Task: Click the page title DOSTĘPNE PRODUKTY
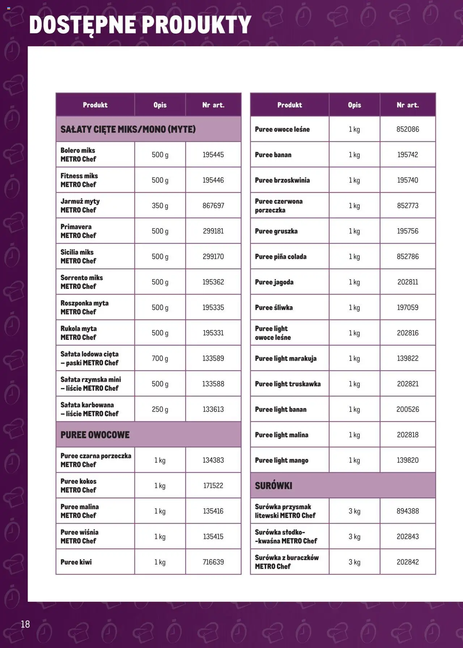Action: pos(140,25)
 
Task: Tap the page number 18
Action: pos(25,624)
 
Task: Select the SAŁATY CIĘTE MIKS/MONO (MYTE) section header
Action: pos(128,129)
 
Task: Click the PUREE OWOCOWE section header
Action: pos(95,435)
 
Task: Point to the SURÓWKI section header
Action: pos(273,486)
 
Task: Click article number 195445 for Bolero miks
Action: pos(213,155)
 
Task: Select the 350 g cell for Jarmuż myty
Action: pos(160,206)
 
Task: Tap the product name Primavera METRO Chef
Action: pos(78,231)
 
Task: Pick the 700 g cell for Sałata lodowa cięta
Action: pos(160,358)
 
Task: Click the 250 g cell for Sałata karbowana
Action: pos(160,409)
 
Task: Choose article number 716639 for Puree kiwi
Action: pos(213,562)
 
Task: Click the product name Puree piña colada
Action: pos(281,257)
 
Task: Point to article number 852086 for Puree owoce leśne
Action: pos(408,129)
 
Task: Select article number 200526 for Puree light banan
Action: pos(408,409)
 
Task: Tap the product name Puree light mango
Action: pos(282,460)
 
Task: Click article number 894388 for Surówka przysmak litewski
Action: pos(408,511)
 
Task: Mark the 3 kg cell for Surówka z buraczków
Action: pos(354,562)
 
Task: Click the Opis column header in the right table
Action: pos(354,105)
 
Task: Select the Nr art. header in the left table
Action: pos(213,105)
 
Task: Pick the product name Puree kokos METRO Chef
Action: pos(78,486)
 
